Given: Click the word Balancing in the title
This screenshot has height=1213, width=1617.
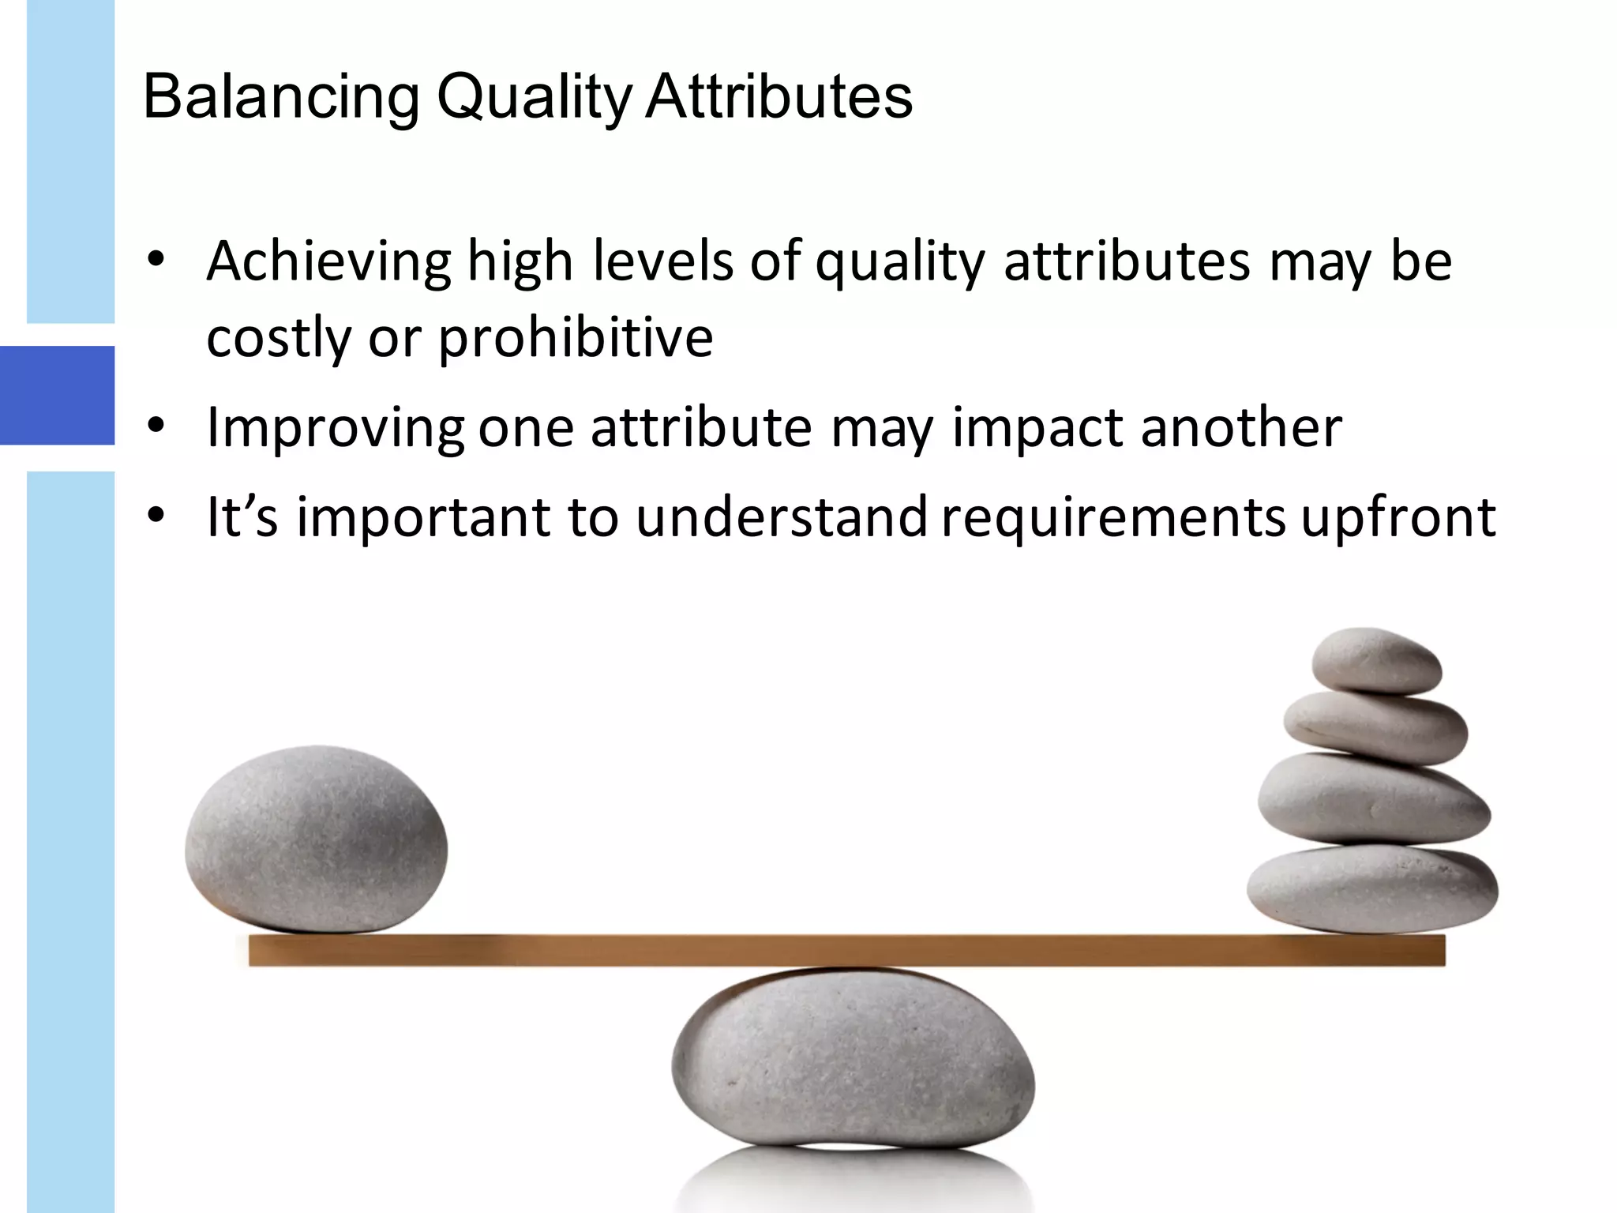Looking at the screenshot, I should [281, 98].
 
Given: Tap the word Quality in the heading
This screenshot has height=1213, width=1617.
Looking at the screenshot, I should [535, 98].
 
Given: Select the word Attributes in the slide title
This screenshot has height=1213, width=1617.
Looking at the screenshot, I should [778, 96].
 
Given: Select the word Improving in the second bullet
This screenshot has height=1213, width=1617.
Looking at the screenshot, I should [336, 429].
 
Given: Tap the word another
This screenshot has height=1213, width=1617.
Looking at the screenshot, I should [1241, 427].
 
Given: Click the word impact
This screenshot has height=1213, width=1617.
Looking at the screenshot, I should [1038, 429].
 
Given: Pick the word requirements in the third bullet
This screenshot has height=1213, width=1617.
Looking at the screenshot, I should [1114, 519].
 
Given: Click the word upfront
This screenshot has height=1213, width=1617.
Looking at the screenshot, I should [1398, 519].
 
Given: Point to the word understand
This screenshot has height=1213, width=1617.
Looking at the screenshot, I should [782, 517].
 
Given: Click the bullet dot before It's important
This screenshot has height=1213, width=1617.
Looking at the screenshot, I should [156, 516].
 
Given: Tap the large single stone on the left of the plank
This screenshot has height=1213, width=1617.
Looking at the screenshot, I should [316, 839].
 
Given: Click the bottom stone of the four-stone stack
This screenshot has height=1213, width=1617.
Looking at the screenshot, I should [1372, 888].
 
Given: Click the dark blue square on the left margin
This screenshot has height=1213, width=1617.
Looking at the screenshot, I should [57, 395].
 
